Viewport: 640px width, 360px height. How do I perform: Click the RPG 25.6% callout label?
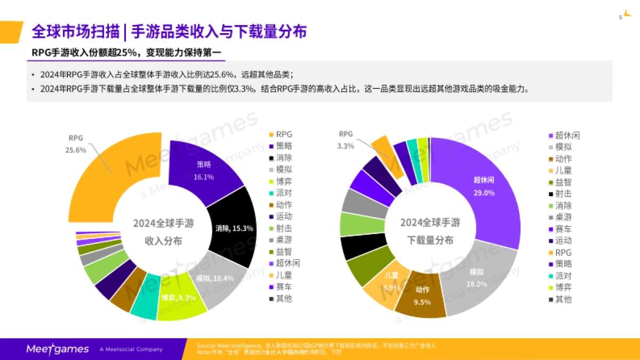point(76,144)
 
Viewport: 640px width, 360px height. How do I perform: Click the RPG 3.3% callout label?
point(346,140)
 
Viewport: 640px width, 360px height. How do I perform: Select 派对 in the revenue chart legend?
point(284,193)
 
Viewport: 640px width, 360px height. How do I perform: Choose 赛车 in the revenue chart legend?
point(284,287)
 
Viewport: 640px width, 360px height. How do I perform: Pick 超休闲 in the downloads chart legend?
point(567,135)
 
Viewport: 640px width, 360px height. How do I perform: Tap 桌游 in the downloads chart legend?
point(563,218)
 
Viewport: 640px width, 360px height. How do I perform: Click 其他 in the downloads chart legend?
point(563,299)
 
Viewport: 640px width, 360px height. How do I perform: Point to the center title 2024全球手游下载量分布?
point(430,231)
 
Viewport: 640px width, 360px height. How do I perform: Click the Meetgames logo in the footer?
point(58,349)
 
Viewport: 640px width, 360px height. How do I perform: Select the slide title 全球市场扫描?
point(75,31)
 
